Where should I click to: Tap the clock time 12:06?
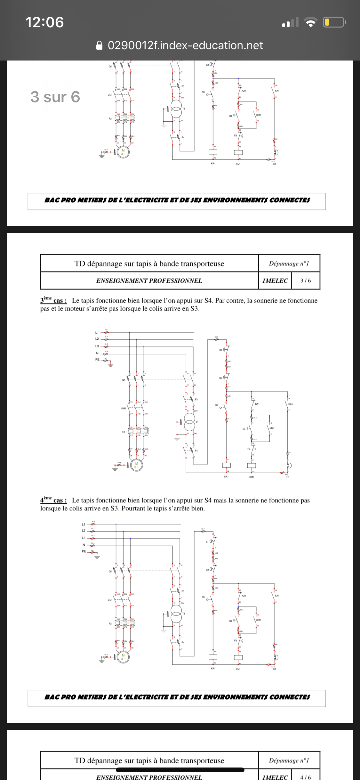(x=44, y=22)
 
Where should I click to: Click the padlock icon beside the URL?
(x=100, y=45)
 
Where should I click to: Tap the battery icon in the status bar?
(x=333, y=22)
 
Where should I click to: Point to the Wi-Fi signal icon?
(x=310, y=22)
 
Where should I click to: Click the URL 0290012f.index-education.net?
(x=185, y=45)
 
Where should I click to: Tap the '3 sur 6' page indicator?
(x=55, y=97)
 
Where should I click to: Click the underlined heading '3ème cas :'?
(x=53, y=300)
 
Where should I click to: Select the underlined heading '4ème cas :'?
(x=53, y=500)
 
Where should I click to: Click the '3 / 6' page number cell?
(x=305, y=281)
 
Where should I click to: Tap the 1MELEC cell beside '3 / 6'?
(x=275, y=281)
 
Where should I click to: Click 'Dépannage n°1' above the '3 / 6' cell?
(x=289, y=264)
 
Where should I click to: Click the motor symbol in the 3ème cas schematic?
(x=136, y=465)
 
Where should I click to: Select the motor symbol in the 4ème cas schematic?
(x=123, y=657)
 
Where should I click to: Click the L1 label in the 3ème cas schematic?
(x=97, y=333)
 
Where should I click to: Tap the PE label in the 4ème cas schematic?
(x=84, y=551)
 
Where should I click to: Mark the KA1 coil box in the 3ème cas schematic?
(x=226, y=465)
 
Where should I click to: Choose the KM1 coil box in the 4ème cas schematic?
(x=238, y=657)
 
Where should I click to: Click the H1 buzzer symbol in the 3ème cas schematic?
(x=289, y=465)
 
